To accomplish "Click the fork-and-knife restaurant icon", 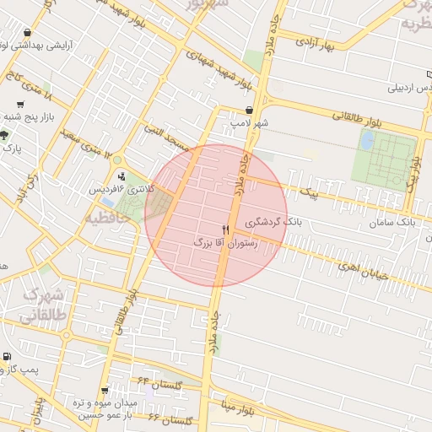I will (x=225, y=229).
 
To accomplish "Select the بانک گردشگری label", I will (x=273, y=223).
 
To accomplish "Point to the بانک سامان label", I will (x=392, y=223).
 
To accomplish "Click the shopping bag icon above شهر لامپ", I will (x=249, y=111).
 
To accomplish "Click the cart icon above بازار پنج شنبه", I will (x=20, y=104).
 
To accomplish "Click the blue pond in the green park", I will (x=367, y=140).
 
